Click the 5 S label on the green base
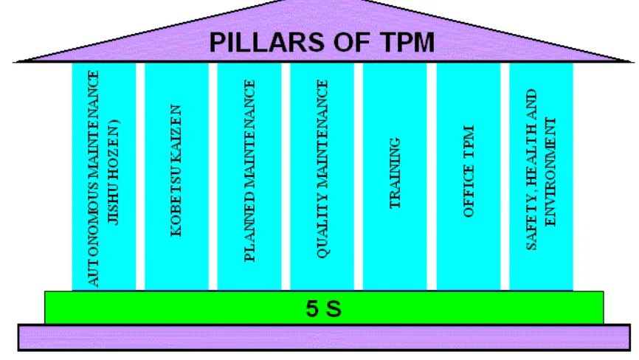[324, 308]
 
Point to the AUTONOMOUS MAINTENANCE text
[93, 179]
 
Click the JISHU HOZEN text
[113, 172]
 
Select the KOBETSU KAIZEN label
[176, 170]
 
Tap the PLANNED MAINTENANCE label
[249, 170]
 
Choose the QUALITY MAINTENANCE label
[322, 169]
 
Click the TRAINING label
[395, 173]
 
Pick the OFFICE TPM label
[469, 171]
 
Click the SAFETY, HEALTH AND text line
[531, 170]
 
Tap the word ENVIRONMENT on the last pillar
[550, 172]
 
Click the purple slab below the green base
[324, 338]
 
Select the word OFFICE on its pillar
[469, 193]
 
